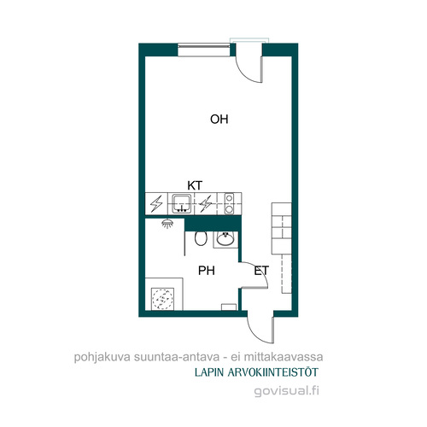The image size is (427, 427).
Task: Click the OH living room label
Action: [219, 120]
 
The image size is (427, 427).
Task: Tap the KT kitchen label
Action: [195, 185]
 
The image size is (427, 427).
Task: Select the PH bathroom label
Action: [207, 271]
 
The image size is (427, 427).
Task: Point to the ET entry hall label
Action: [261, 271]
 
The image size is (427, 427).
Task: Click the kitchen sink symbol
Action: [181, 203]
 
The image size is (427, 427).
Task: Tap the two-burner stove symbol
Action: [229, 203]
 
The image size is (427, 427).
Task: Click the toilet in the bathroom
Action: [201, 238]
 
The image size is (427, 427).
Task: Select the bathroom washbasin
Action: [225, 238]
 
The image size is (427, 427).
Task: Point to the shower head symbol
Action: [167, 223]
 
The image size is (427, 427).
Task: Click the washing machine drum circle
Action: [162, 299]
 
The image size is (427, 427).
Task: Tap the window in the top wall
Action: [204, 50]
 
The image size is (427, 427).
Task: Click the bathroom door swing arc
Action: [260, 270]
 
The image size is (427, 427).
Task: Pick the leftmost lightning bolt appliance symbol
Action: [156, 203]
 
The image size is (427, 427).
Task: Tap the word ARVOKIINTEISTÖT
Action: [272, 372]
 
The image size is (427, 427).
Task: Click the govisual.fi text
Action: [286, 390]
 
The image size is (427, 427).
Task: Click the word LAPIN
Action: [209, 372]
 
